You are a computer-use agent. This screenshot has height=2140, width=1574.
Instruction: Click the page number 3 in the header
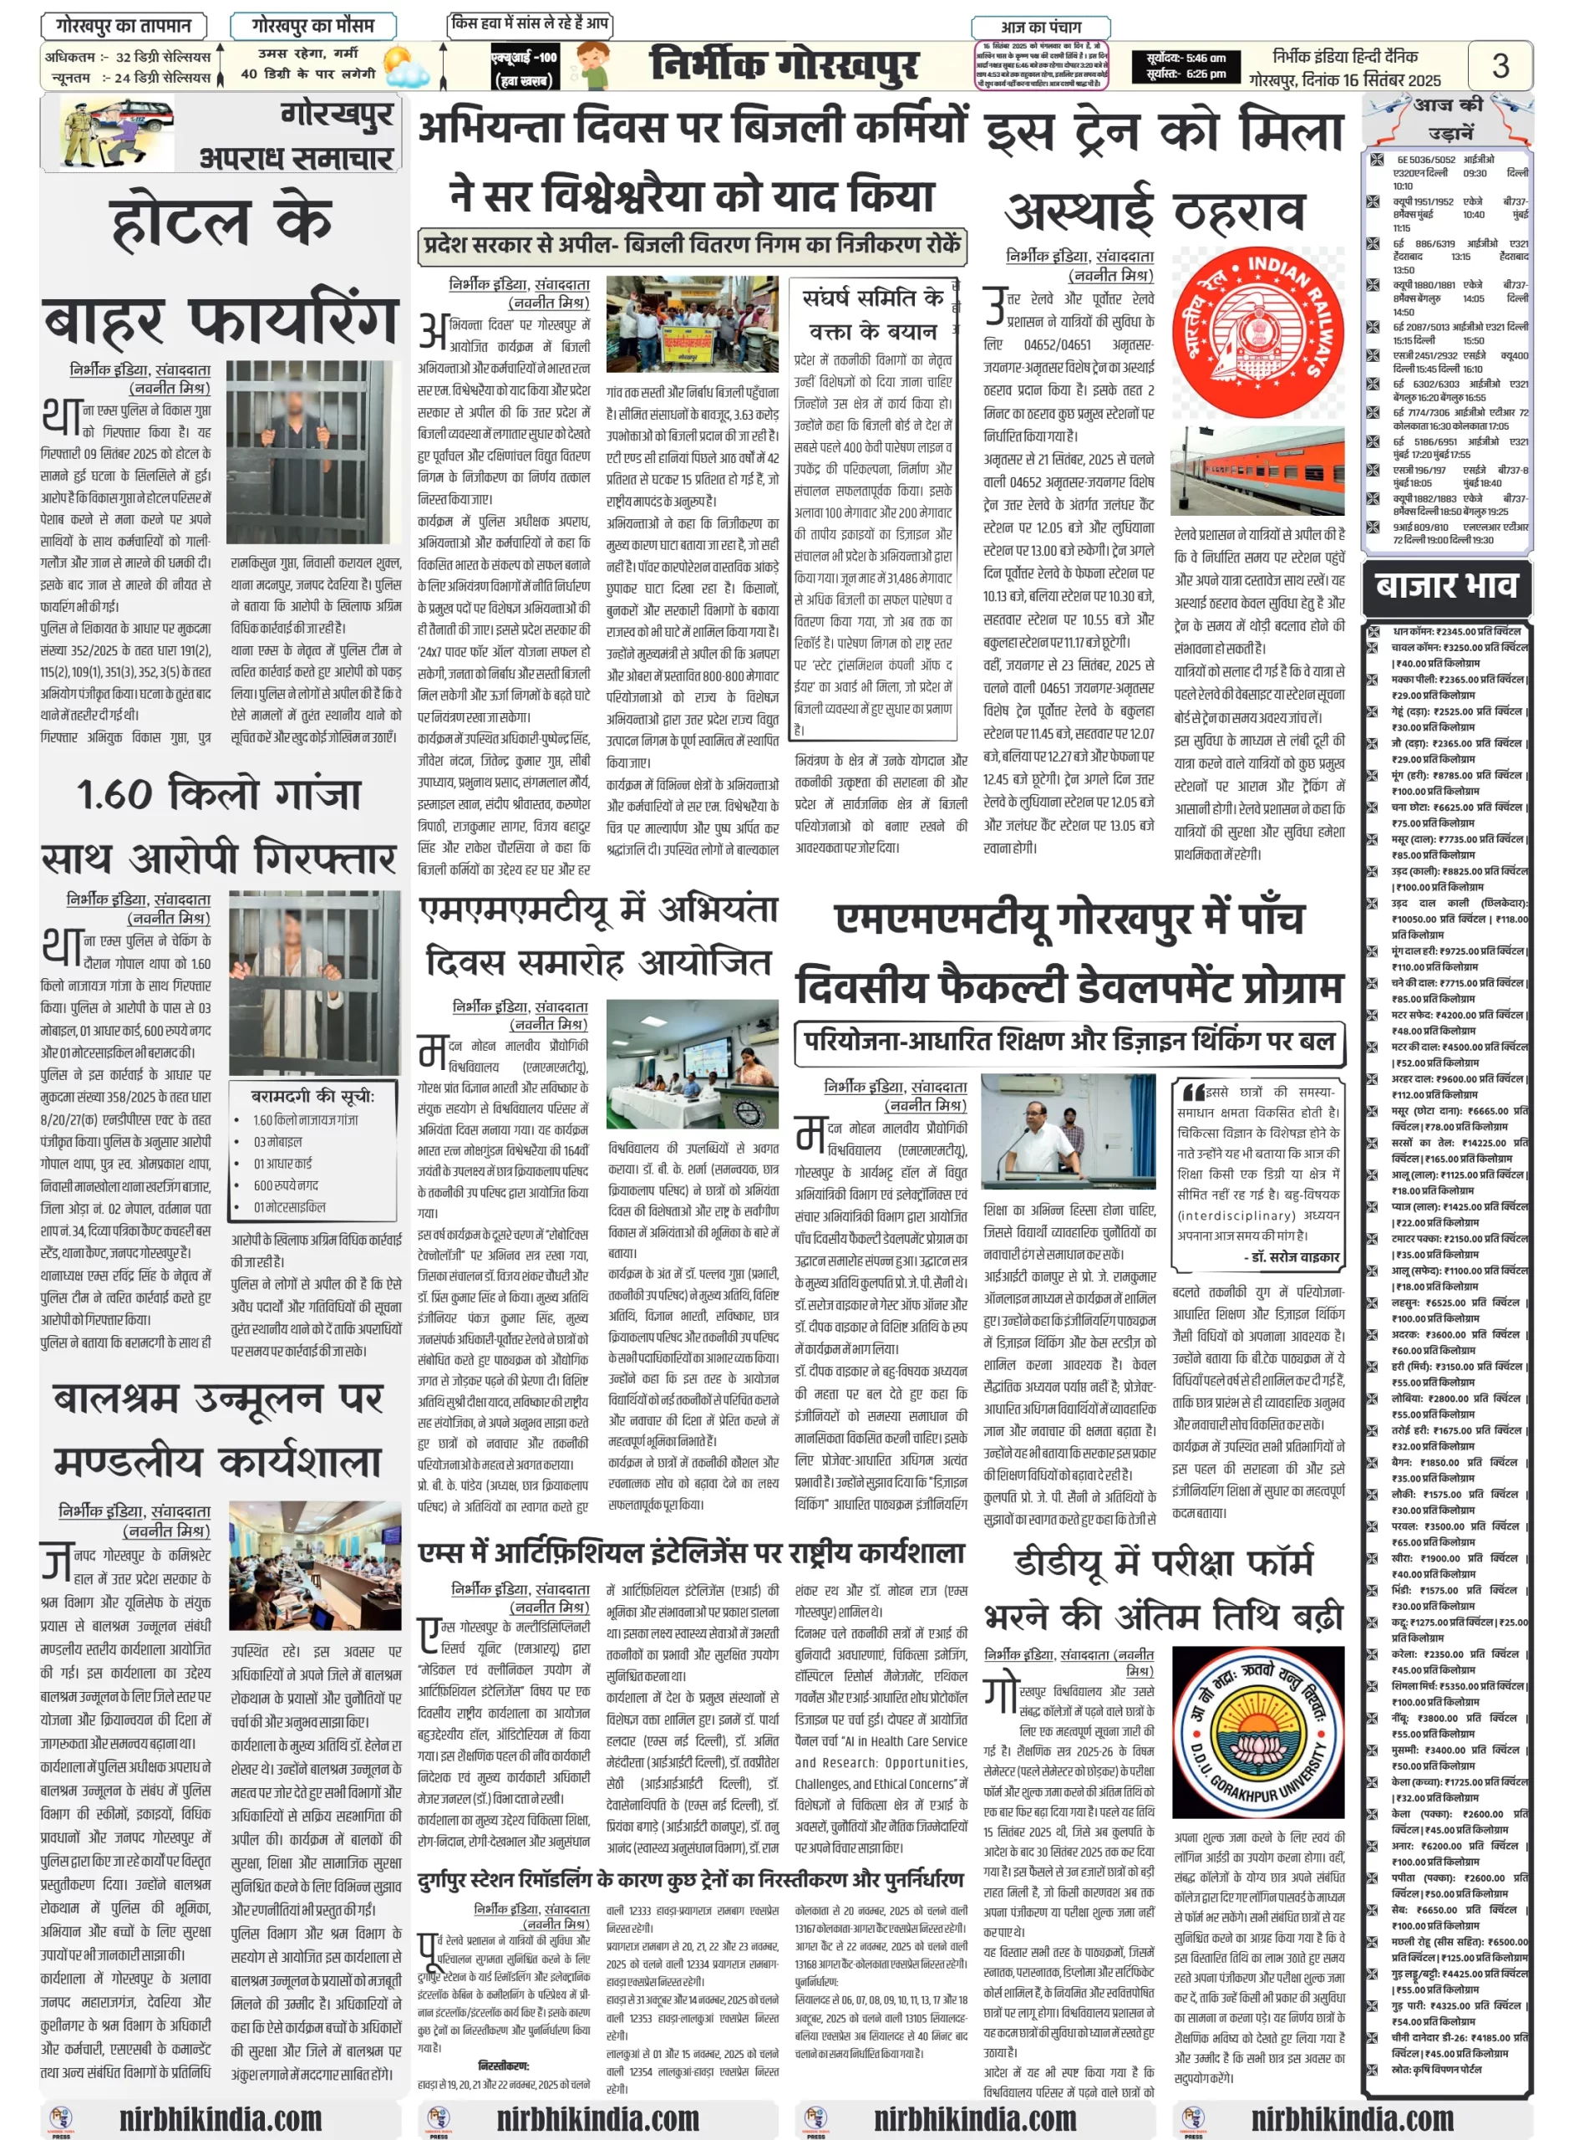coord(1500,66)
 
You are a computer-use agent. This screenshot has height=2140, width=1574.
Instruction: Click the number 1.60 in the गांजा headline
coord(114,794)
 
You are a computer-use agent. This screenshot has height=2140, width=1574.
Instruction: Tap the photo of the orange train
coord(1257,471)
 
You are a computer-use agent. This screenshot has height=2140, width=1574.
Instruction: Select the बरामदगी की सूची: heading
coord(312,1096)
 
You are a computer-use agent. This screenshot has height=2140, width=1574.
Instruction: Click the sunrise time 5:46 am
coord(1206,59)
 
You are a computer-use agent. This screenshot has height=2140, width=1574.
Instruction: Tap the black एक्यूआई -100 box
coord(523,67)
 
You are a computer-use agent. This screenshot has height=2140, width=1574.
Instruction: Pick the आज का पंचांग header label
coord(1040,28)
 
